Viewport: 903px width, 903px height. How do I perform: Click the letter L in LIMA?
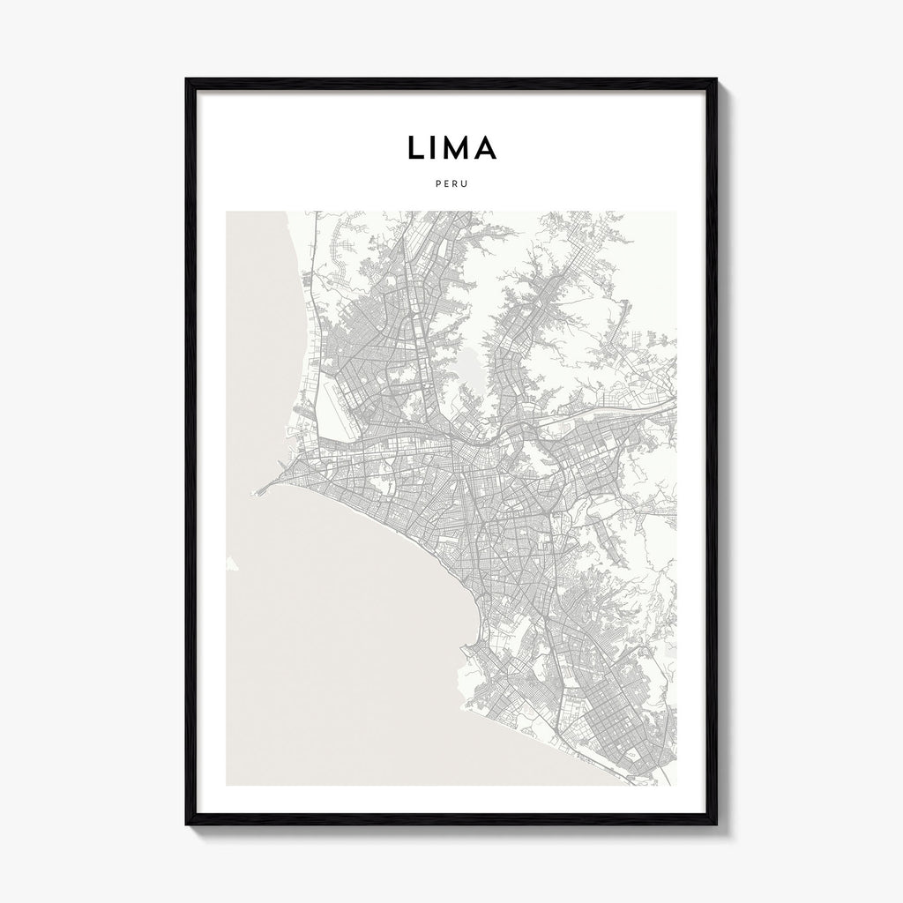click(414, 148)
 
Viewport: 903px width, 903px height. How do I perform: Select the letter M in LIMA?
click(459, 148)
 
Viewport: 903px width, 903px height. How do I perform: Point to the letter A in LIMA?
click(486, 148)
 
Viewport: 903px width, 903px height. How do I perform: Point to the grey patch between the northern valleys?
click(470, 370)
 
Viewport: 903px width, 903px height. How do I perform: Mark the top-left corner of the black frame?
click(187, 80)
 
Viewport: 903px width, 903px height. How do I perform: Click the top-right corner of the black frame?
click(716, 80)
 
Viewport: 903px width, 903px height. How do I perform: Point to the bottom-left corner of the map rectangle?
click(227, 785)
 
